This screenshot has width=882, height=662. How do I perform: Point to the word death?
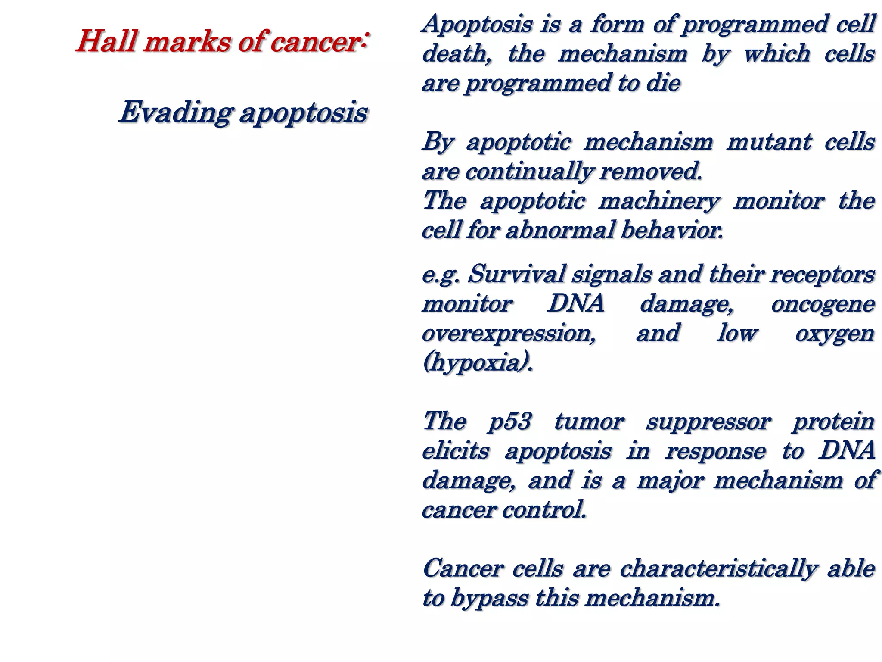(x=457, y=54)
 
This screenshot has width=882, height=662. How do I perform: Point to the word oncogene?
(x=823, y=304)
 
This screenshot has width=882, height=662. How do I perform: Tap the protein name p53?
(x=510, y=421)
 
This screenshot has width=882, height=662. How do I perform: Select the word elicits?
(x=456, y=451)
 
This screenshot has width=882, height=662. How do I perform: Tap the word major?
(x=670, y=481)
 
